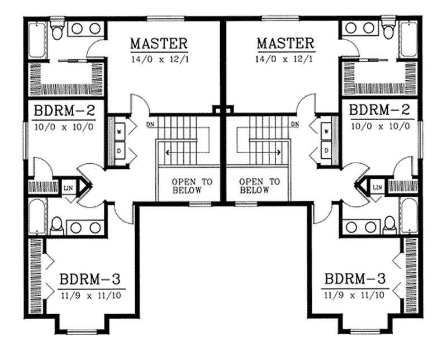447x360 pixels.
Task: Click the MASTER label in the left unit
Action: pos(159,43)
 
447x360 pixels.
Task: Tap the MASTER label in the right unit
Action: pos(285,43)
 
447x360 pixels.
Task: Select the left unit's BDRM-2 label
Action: pos(64,110)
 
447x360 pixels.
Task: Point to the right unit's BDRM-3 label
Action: pos(351,278)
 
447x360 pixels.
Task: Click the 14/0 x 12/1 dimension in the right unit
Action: pos(285,59)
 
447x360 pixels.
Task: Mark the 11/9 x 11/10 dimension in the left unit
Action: pos(91,295)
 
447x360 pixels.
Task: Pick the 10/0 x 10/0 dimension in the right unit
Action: pos(380,126)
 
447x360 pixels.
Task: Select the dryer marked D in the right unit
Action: pos(326,150)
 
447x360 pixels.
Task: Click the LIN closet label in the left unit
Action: pos(68,187)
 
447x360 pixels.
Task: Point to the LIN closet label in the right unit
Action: pos(377,187)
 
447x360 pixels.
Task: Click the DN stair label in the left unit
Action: pos(150,124)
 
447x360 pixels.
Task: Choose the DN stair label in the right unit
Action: pos(295,124)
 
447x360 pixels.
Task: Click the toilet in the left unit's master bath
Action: pos(56,30)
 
